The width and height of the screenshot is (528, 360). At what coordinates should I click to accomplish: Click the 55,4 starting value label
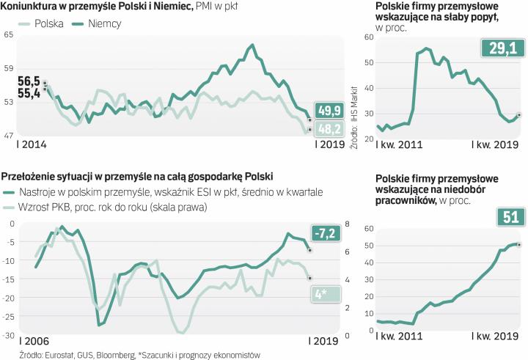tap(29, 93)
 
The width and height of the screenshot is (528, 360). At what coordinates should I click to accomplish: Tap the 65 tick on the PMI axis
tap(9, 35)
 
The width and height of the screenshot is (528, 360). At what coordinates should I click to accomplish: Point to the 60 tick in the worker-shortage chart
tap(370, 228)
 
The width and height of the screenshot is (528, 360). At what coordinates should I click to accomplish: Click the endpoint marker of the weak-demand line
tap(518, 115)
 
